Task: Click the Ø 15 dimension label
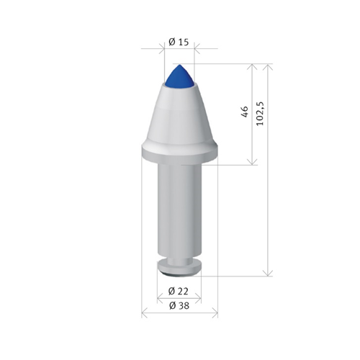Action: click(179, 42)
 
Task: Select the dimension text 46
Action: click(244, 112)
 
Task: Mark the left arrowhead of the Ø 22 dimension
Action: click(161, 299)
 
